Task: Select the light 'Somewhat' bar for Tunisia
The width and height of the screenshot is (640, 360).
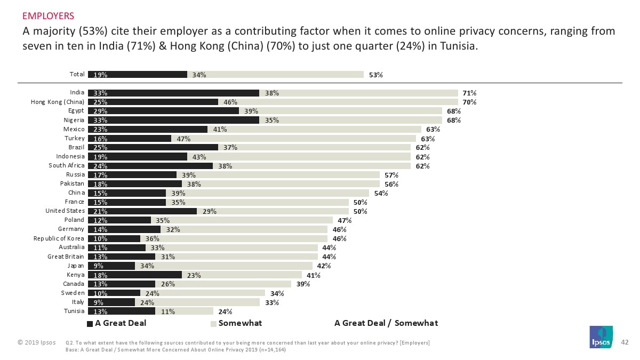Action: pos(184,311)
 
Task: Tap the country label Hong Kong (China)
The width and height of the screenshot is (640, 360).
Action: pos(58,102)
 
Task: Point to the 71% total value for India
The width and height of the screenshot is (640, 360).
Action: pos(469,93)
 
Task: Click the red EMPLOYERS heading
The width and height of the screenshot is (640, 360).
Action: pos(48,15)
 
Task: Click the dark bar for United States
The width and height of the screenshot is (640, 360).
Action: pos(142,211)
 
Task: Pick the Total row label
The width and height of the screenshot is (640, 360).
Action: pos(77,74)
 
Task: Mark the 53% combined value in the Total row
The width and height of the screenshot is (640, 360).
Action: pos(375,75)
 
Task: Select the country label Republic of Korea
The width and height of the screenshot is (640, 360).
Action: pos(59,238)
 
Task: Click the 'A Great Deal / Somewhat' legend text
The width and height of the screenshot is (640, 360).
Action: pos(386,323)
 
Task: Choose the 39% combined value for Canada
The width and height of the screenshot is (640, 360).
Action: pos(303,284)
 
